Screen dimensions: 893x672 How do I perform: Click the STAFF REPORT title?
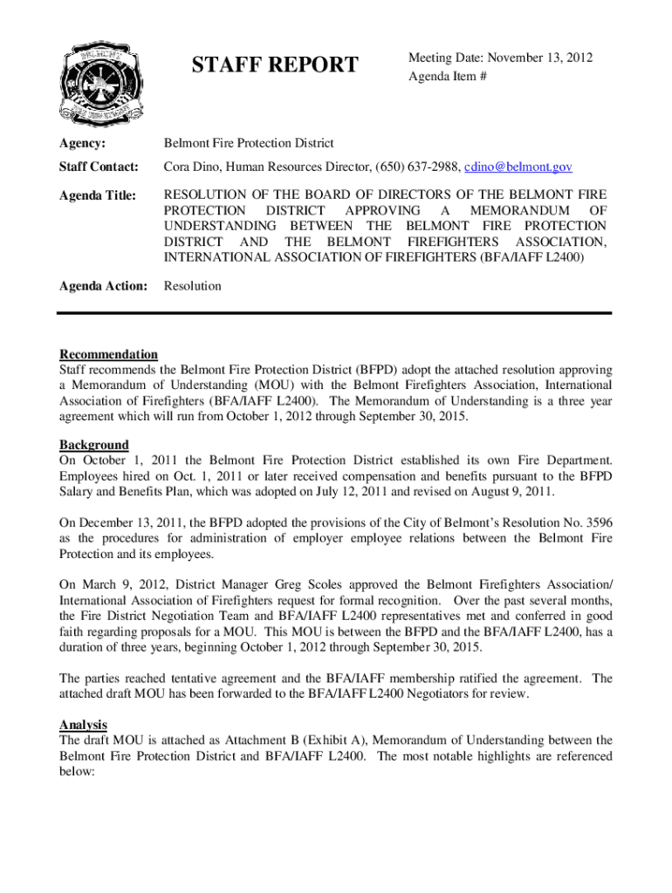275,65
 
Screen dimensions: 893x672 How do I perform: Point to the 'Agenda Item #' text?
443,77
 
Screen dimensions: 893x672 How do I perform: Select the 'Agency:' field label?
82,143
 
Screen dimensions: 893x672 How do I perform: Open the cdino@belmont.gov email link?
518,167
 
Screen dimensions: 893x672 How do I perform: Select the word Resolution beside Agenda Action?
193,286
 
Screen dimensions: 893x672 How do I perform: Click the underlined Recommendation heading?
108,354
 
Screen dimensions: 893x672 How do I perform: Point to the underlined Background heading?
93,445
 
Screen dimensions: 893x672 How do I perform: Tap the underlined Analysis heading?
83,725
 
